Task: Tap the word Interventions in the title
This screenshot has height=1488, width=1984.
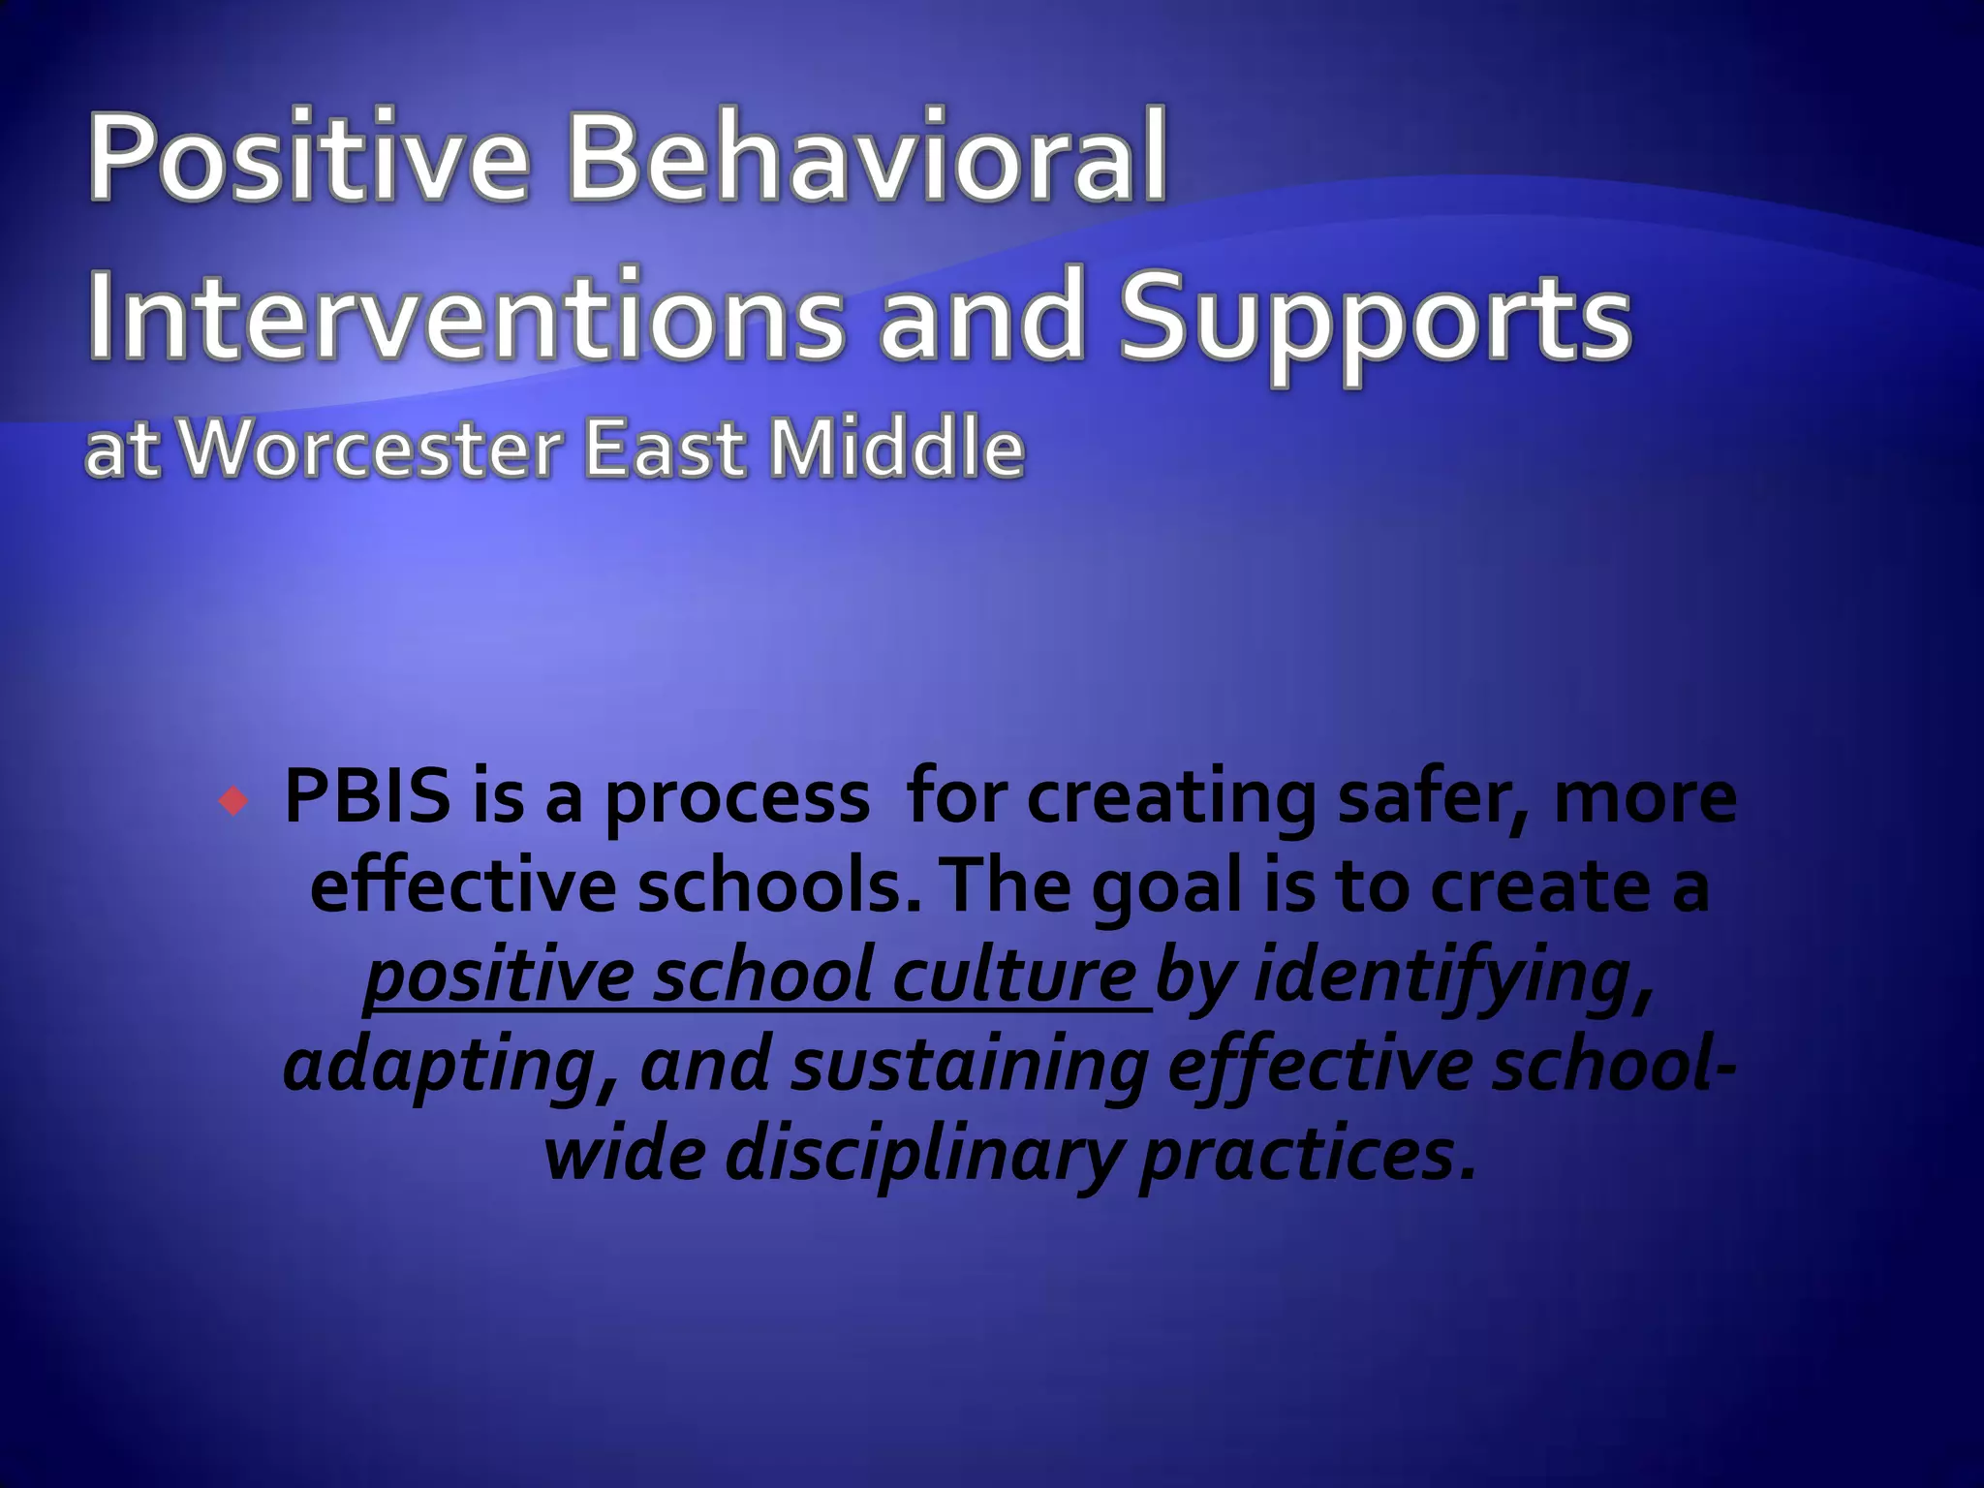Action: click(464, 315)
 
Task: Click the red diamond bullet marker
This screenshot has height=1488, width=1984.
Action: click(233, 801)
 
